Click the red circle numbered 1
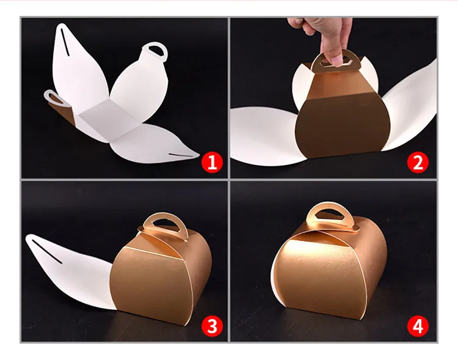pos(213,163)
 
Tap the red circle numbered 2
pos(418,163)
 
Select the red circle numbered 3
pos(213,326)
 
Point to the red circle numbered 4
pos(418,326)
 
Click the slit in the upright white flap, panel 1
pos(65,42)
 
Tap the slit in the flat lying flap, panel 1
pos(181,155)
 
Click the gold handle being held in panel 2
pos(333,62)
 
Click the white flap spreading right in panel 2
pos(410,108)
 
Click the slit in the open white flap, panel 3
pos(47,252)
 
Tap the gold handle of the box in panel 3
pos(164,225)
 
